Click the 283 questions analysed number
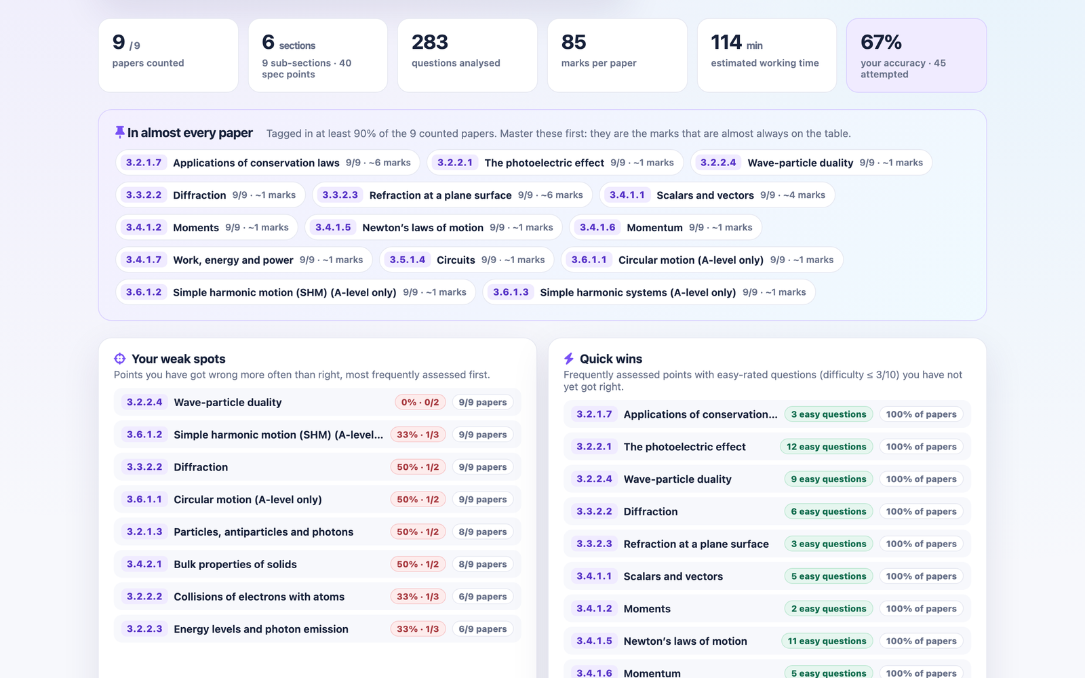click(430, 42)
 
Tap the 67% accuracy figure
click(881, 42)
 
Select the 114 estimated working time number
click(726, 42)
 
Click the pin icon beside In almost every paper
click(119, 132)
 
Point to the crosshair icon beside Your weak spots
click(119, 359)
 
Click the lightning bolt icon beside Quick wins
click(569, 359)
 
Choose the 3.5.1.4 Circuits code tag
click(408, 260)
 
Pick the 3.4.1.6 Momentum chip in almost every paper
click(665, 227)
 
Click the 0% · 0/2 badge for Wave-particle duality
click(420, 402)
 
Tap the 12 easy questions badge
click(827, 447)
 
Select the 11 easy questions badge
click(827, 641)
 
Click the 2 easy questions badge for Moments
click(829, 608)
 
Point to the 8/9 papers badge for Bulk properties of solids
click(482, 563)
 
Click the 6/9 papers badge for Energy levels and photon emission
click(482, 629)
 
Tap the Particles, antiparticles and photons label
click(264, 532)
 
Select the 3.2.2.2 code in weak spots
click(144, 596)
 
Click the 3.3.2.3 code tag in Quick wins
click(594, 544)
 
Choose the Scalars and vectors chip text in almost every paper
click(705, 195)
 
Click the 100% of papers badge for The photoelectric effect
click(922, 447)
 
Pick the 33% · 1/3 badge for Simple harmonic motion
click(418, 435)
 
